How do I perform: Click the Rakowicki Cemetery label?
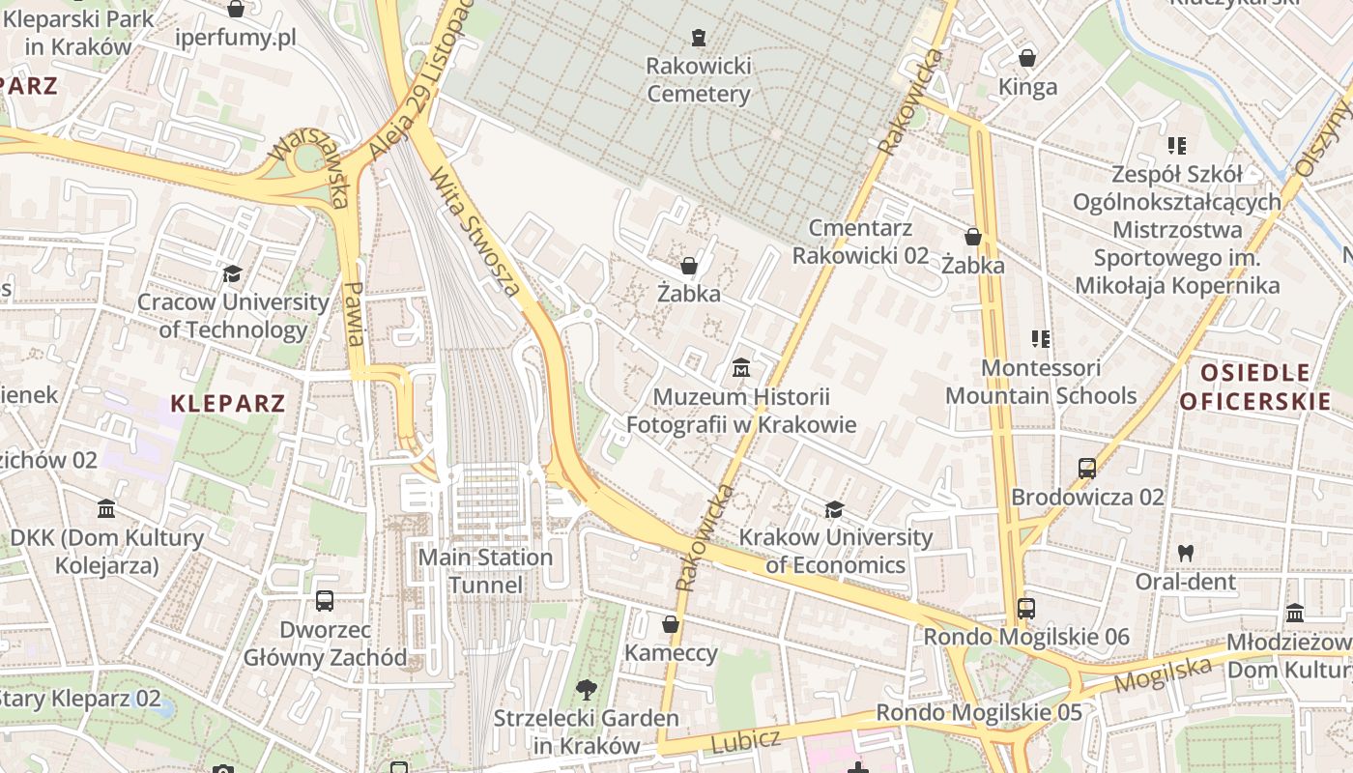pyautogui.click(x=698, y=80)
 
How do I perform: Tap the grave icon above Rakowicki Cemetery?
pyautogui.click(x=699, y=38)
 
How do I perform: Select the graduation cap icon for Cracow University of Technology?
pyautogui.click(x=232, y=273)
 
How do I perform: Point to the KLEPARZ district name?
pyautogui.click(x=228, y=403)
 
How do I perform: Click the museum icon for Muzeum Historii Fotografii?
pyautogui.click(x=741, y=368)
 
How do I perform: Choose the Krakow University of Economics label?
pyautogui.click(x=836, y=551)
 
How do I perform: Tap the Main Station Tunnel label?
pyautogui.click(x=485, y=571)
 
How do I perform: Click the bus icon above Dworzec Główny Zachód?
pyautogui.click(x=325, y=601)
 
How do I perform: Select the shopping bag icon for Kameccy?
pyautogui.click(x=671, y=624)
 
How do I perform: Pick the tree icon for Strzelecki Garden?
pyautogui.click(x=586, y=689)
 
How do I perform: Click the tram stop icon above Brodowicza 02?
pyautogui.click(x=1087, y=469)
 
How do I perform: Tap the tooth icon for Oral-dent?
pyautogui.click(x=1186, y=554)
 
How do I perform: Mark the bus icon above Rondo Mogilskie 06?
pyautogui.click(x=1025, y=609)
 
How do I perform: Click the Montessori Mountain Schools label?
pyautogui.click(x=1041, y=382)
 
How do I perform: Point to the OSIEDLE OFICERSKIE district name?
pyautogui.click(x=1255, y=386)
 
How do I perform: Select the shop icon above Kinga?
pyautogui.click(x=1027, y=58)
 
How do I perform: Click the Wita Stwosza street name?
pyautogui.click(x=475, y=232)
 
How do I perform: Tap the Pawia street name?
pyautogui.click(x=355, y=314)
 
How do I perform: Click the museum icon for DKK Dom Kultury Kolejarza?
pyautogui.click(x=106, y=508)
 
